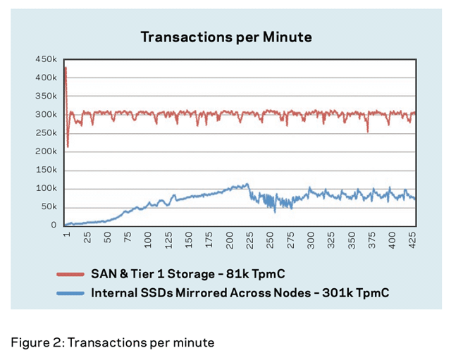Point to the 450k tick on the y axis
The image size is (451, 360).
tap(47, 59)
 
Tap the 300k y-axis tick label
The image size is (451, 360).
tap(47, 114)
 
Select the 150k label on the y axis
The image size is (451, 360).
tap(47, 170)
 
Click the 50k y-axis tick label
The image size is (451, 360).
tap(49, 206)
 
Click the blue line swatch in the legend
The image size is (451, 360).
tap(70, 291)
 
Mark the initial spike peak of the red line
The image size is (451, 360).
tap(66, 68)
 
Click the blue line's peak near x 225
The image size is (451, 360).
tap(247, 185)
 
